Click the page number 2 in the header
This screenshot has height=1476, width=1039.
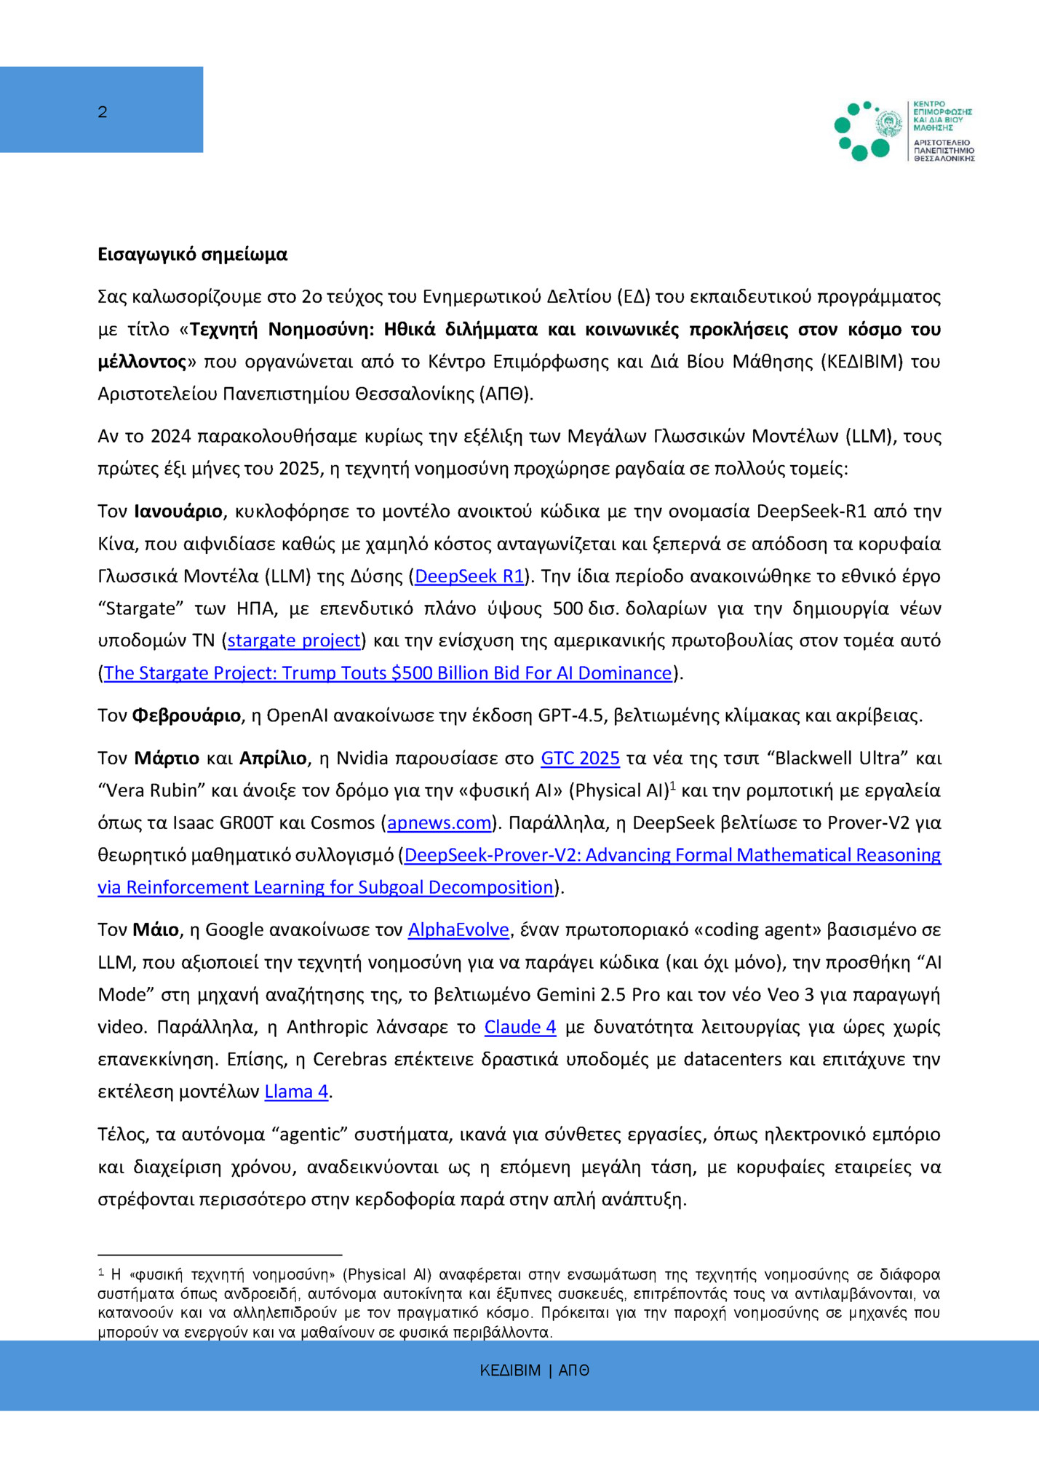[x=103, y=112]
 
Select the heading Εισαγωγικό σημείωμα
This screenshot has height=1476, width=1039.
[x=192, y=254]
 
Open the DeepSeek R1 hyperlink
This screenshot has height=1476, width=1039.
[x=469, y=576]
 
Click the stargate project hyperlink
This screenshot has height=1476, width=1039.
[x=294, y=640]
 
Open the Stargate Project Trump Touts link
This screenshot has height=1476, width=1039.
[x=387, y=673]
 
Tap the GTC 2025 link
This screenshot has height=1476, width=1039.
[x=580, y=758]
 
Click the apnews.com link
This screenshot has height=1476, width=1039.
[x=439, y=823]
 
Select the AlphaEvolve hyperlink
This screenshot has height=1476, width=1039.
[x=458, y=930]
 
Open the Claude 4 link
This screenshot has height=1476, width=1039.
[x=520, y=1027]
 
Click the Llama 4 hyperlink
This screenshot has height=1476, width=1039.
[x=296, y=1092]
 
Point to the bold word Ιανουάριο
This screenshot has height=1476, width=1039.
[x=178, y=512]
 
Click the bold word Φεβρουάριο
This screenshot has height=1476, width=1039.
[x=186, y=716]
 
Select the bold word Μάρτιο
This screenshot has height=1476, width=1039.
[x=167, y=758]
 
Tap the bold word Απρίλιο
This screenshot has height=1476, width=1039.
[x=273, y=758]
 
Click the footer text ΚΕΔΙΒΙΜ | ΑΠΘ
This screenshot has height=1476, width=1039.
[x=534, y=1370]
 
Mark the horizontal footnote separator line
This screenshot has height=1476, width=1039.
[x=220, y=1255]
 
